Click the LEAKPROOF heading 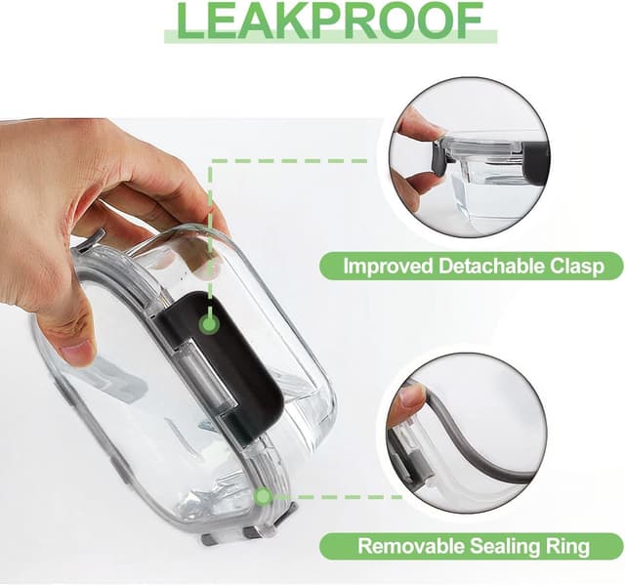[330, 21]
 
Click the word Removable [410, 546]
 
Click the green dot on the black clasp [208, 324]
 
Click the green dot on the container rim [263, 496]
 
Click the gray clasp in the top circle [441, 158]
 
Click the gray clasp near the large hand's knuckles [91, 240]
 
